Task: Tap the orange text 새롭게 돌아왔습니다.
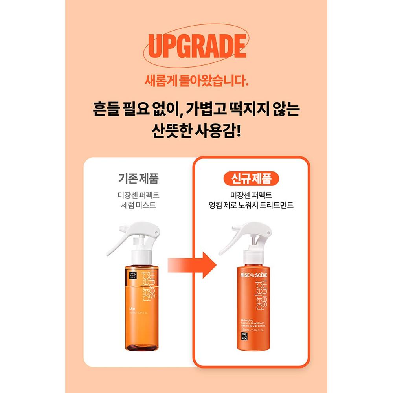(196, 82)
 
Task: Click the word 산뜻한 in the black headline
(172, 131)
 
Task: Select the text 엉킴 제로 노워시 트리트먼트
(252, 205)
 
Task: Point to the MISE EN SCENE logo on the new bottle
(251, 275)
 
